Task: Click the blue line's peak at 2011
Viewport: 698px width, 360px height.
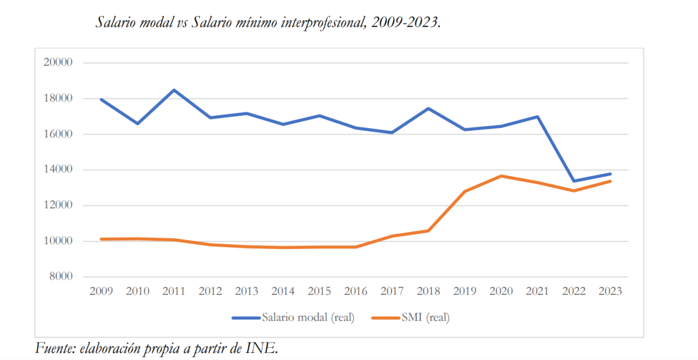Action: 174,90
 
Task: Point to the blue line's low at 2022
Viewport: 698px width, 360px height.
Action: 575,181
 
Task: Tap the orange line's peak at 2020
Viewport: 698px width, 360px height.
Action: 501,176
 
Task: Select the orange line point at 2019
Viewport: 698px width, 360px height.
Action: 465,191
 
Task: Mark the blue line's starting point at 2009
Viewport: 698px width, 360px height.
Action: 101,99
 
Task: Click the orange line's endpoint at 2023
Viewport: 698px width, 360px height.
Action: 610,181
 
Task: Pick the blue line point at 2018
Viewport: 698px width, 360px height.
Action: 429,109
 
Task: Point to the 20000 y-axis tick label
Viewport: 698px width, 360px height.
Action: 57,63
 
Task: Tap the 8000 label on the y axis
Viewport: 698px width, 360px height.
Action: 59,277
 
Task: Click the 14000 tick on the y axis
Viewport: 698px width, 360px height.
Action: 57,170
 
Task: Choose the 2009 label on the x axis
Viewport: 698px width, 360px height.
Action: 101,291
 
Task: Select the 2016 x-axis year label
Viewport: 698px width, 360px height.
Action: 356,291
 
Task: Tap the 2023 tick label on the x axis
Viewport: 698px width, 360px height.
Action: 610,291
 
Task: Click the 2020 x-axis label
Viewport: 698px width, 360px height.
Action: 501,291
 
